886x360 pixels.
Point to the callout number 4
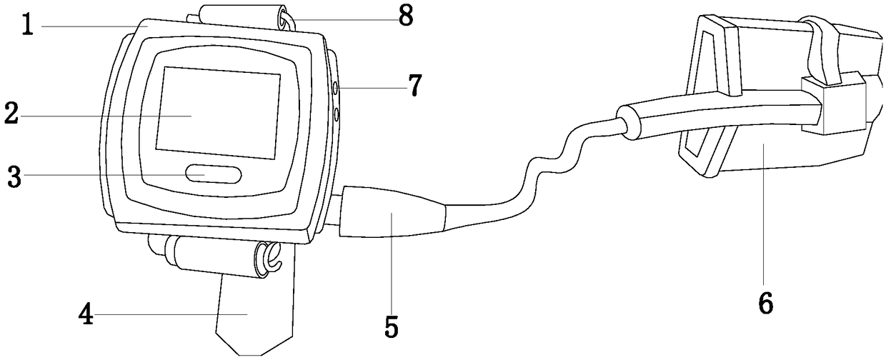pos(86,315)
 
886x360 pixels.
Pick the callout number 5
pos(391,326)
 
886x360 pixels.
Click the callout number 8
pos(406,16)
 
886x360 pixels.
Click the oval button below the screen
pos(213,174)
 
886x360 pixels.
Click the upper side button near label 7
pos(335,89)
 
